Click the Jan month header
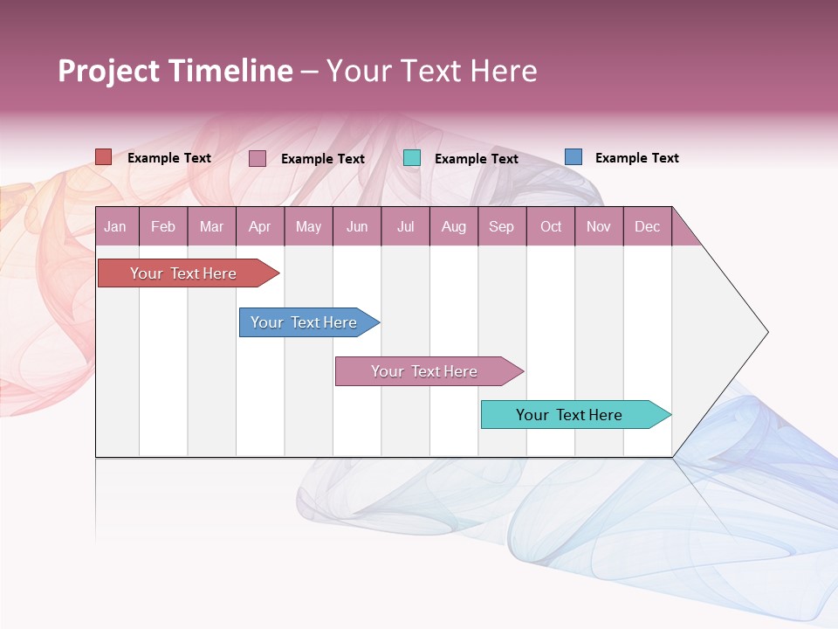(x=115, y=226)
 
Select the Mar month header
(x=211, y=226)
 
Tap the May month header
(x=308, y=226)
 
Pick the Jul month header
(x=405, y=226)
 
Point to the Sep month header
(x=501, y=226)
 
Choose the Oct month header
(x=551, y=226)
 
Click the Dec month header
(x=647, y=226)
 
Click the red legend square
(x=104, y=157)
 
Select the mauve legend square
(x=258, y=158)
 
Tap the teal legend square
(x=412, y=158)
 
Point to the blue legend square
(x=574, y=157)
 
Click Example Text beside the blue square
(x=636, y=158)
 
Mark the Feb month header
(x=163, y=226)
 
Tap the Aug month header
(x=453, y=226)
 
